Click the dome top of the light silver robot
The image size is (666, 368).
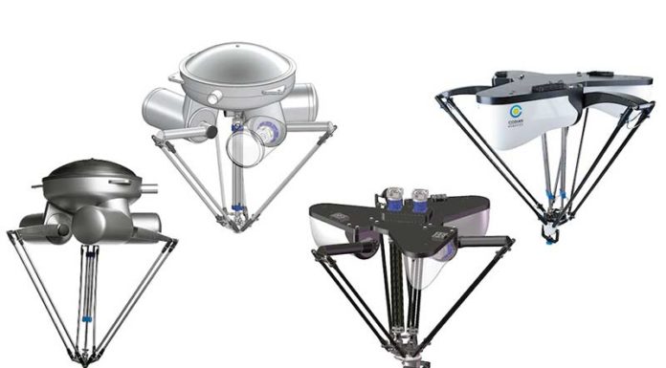[233, 66]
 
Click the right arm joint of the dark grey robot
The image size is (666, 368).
[172, 241]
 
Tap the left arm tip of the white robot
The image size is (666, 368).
[442, 94]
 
